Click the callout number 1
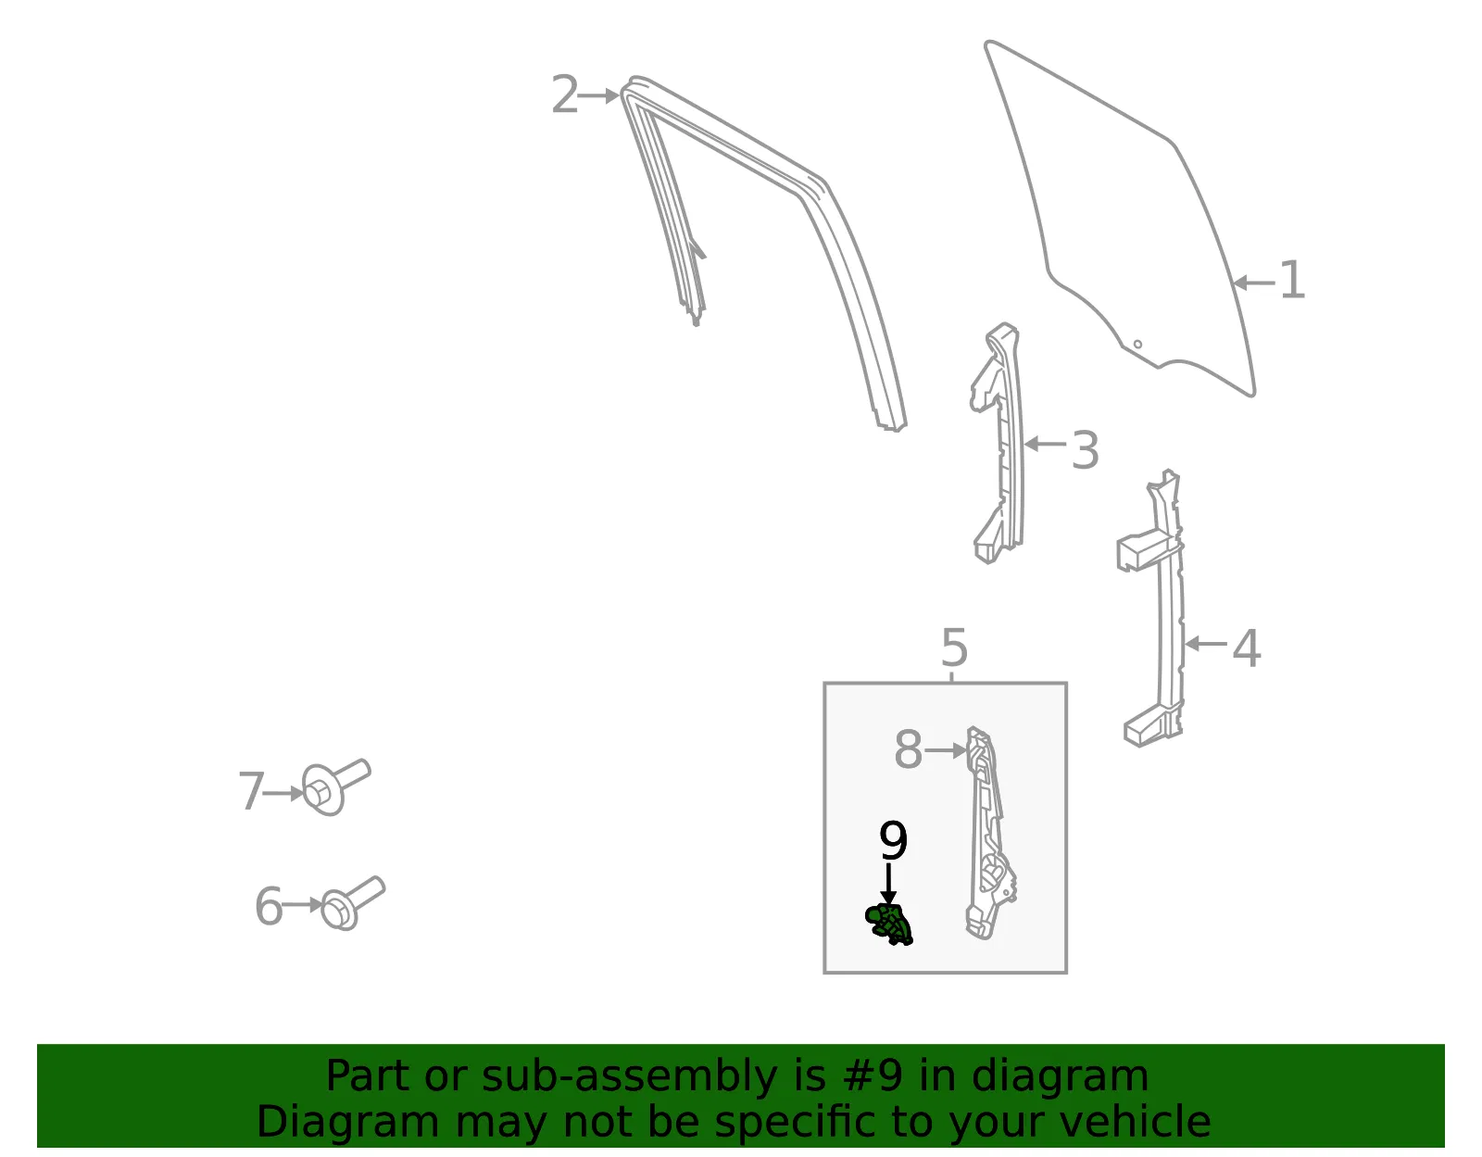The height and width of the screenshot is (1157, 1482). tap(1292, 280)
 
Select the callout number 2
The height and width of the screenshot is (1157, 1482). tap(565, 94)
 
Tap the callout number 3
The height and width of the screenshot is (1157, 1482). tap(1085, 449)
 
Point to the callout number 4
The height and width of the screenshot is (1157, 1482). tap(1246, 648)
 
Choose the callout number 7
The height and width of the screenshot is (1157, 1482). tap(251, 791)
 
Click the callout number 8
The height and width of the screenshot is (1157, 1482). tap(909, 749)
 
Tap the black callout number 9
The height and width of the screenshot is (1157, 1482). tap(893, 840)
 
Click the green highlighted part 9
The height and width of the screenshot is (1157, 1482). tap(888, 923)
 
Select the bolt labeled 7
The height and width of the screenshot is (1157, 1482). tap(335, 786)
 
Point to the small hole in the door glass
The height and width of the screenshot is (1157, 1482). tap(1137, 345)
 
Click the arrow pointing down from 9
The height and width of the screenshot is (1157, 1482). tap(888, 885)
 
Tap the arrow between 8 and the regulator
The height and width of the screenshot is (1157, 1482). tap(946, 750)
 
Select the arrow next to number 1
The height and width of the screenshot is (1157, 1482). tap(1254, 283)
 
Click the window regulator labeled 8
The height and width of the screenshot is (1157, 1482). tap(988, 833)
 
